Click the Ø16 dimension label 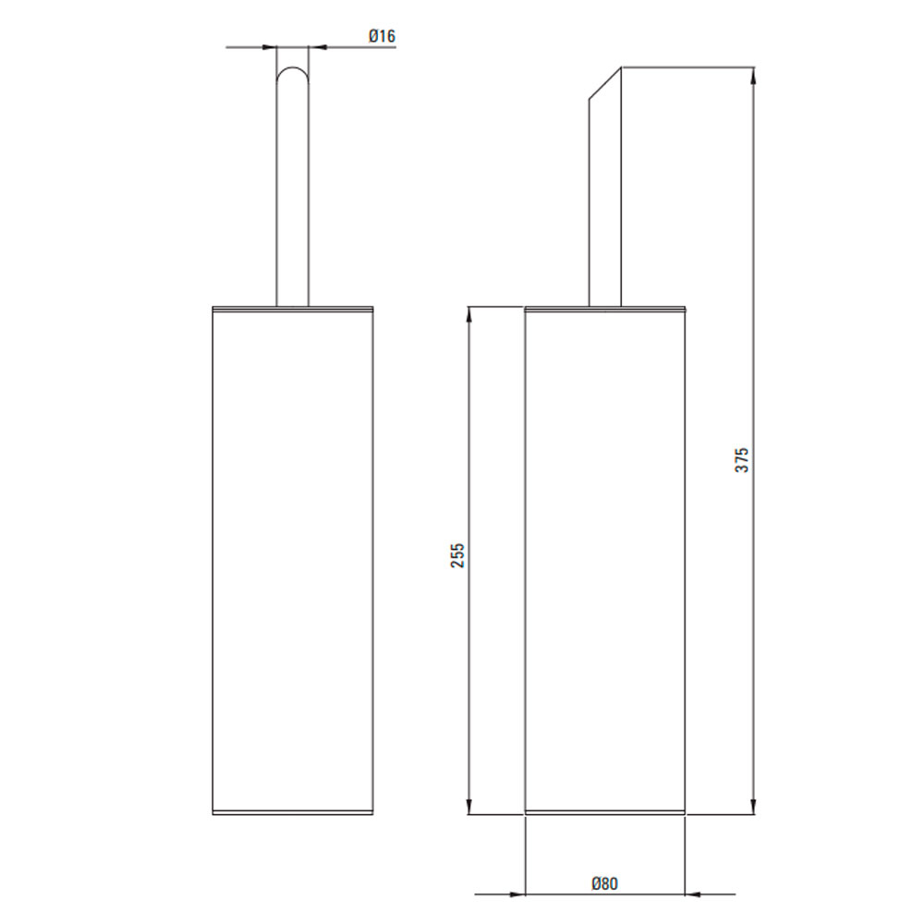coord(382,36)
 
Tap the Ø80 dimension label coord(604,883)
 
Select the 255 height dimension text coord(458,555)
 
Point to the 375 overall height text coord(742,459)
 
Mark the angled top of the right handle coord(605,84)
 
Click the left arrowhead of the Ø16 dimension coord(269,47)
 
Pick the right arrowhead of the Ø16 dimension coord(316,47)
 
